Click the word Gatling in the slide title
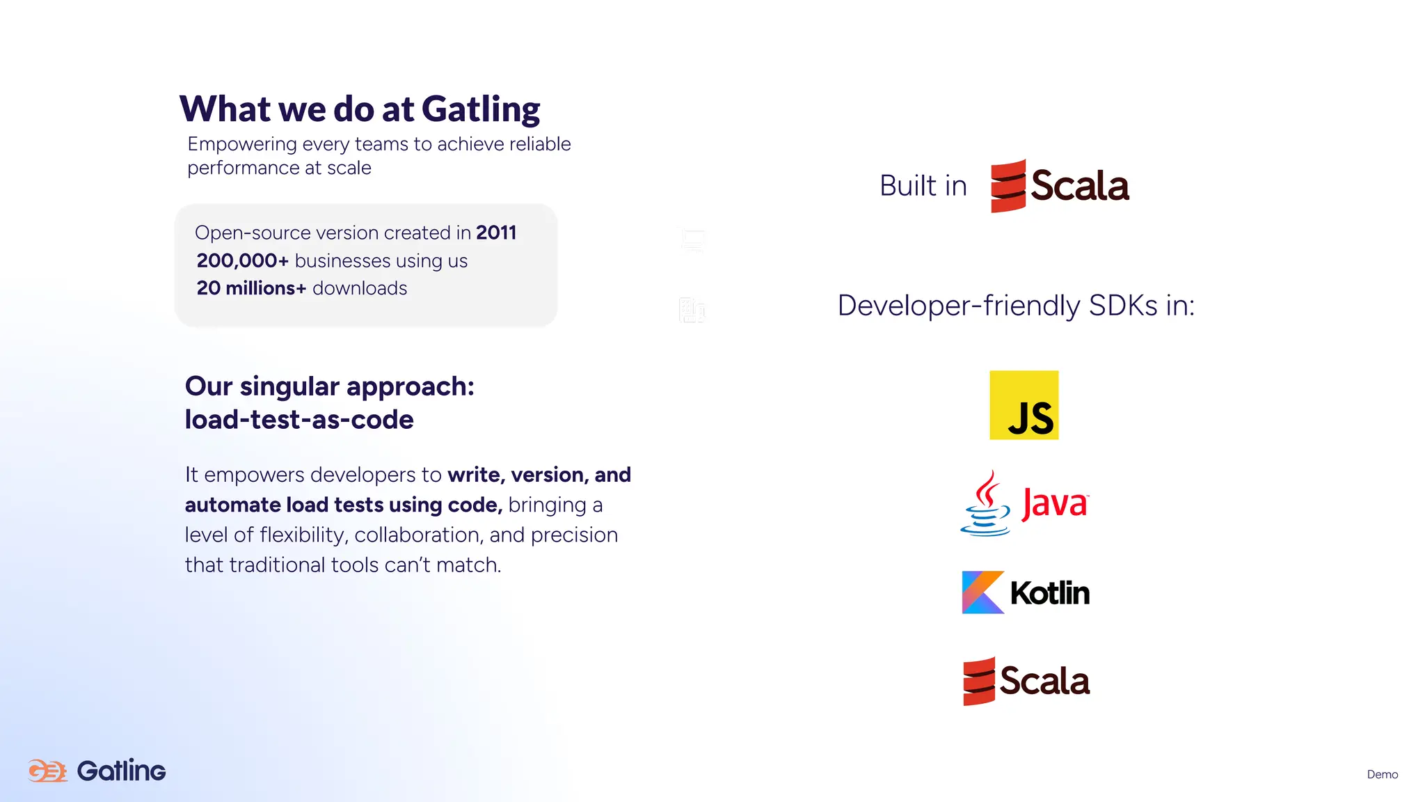coord(480,110)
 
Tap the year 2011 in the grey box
coord(495,233)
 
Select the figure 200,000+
coord(242,260)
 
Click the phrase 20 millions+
coord(251,288)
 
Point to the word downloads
coord(360,288)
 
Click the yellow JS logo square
coord(1024,405)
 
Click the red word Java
coord(1054,503)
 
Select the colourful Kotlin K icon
coord(982,592)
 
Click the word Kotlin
coord(1049,593)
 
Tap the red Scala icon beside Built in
coord(1008,186)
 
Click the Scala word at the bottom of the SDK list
coord(1044,681)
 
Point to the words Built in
coord(923,186)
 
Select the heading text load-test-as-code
coord(299,420)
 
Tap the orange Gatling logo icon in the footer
coord(47,771)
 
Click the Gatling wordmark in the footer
coord(121,771)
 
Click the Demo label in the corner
coord(1382,774)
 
